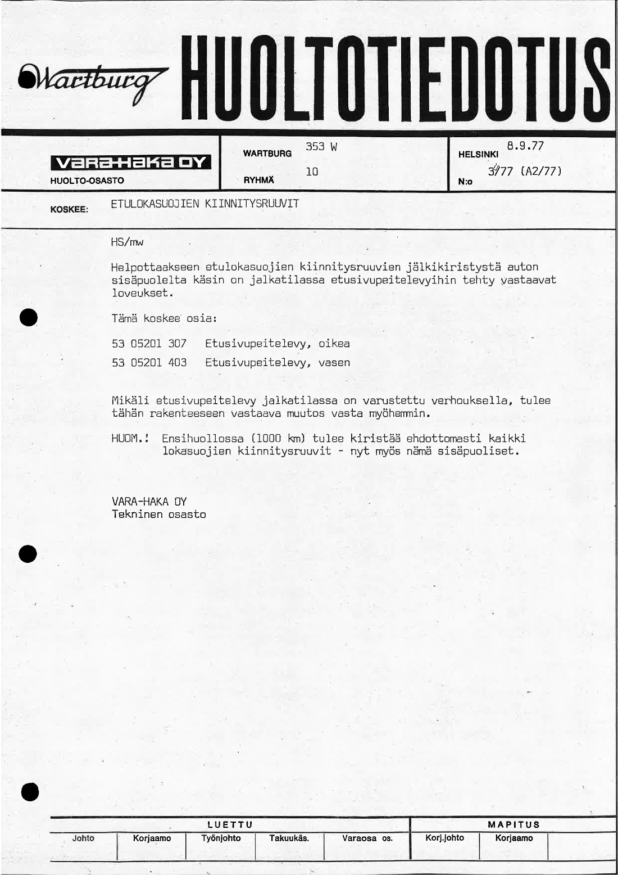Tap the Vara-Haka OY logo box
130,163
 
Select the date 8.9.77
525,146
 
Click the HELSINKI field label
479,154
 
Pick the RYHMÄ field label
259,181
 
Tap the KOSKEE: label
69,209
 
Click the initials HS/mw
128,242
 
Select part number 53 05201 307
149,343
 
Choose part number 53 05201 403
149,363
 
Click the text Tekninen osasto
159,514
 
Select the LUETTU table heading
230,824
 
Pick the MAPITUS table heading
514,824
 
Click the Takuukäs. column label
289,838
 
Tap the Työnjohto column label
221,838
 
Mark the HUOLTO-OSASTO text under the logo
87,181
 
